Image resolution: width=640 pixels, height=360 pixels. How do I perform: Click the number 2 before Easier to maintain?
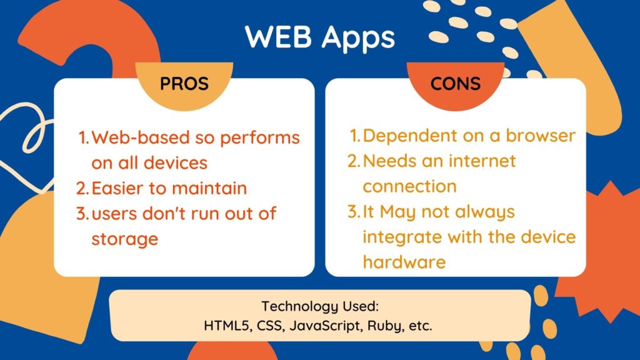coord(82,187)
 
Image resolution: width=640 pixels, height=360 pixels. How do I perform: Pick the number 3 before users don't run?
coord(82,213)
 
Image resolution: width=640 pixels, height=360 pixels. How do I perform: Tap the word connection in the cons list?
coord(409,186)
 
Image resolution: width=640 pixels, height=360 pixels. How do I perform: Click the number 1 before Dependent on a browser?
coord(354,136)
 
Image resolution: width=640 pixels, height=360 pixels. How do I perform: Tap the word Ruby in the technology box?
coord(369,325)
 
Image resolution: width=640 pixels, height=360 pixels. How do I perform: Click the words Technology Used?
coord(321,307)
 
